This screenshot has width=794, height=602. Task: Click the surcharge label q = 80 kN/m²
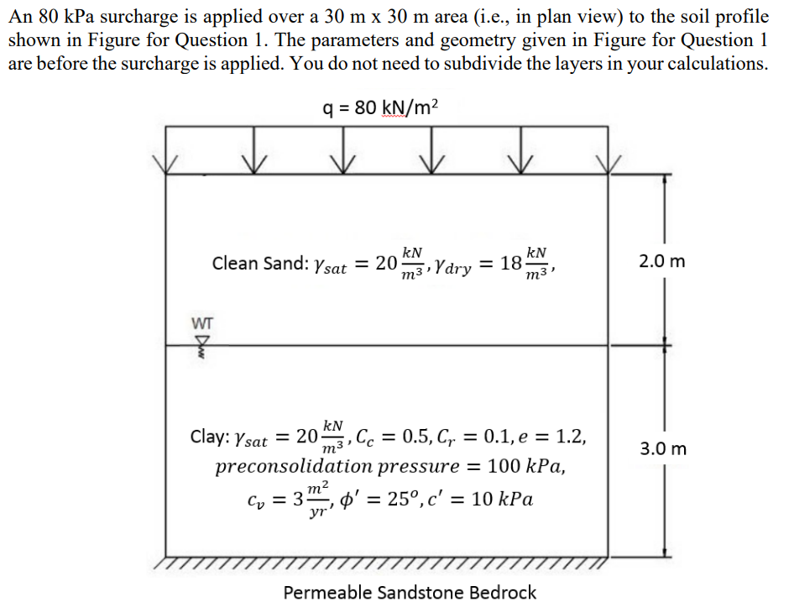coord(380,107)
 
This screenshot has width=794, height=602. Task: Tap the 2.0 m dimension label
coord(661,261)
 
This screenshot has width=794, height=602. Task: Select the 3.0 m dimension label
coord(663,448)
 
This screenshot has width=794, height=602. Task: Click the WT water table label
coord(202,322)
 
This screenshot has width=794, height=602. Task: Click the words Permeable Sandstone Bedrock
coord(410,593)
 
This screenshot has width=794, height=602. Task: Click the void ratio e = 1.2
coord(551,437)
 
